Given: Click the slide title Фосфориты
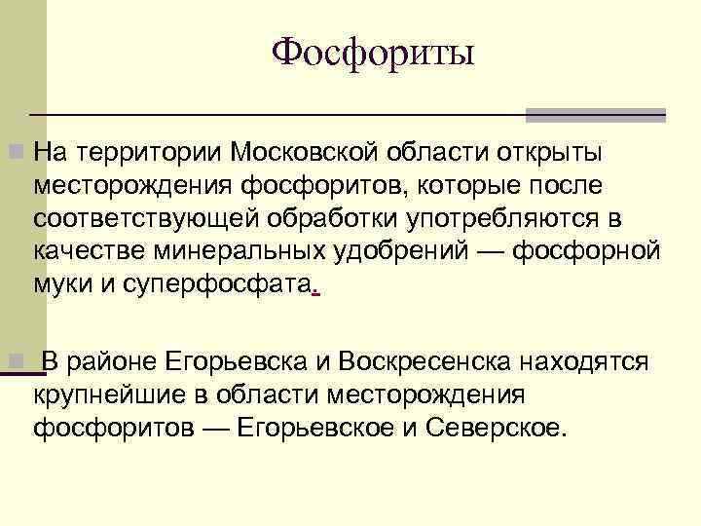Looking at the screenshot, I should (373, 52).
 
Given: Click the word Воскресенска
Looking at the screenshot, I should (409, 363).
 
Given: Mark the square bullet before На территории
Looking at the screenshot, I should (14, 153).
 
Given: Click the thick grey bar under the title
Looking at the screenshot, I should (595, 115).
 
